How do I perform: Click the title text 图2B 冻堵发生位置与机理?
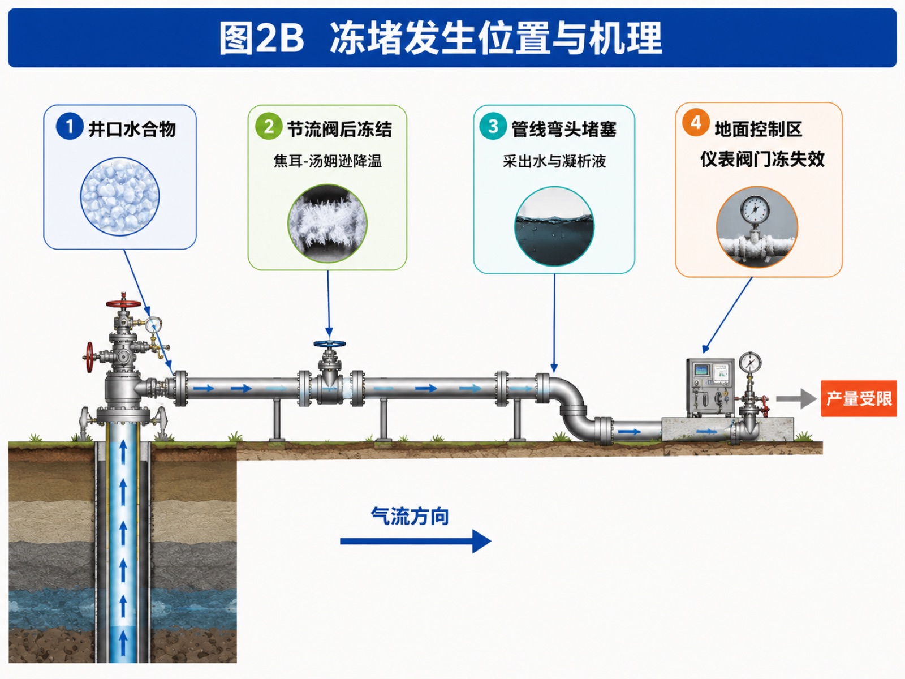coord(440,38)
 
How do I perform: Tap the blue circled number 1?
coord(70,126)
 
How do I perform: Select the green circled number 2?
coord(269,126)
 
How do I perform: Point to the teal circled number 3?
coord(493,126)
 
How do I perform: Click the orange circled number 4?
coord(696,122)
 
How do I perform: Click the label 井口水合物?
coord(132,130)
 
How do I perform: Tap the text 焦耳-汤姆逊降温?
coord(327,161)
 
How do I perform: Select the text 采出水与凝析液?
coord(554,161)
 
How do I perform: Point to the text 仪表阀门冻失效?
coord(762,159)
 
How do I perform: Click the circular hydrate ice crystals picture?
coord(120,197)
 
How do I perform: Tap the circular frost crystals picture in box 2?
coord(327,224)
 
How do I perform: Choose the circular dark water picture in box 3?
coord(554,226)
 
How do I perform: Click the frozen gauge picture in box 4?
coord(757,227)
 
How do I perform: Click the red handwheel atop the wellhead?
coord(124,304)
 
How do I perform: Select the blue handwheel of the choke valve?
coord(329,343)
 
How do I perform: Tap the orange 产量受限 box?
coord(859,398)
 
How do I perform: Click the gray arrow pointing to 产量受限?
coord(796,399)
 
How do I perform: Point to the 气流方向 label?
coord(410,515)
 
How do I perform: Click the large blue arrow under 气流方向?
coord(416,542)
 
